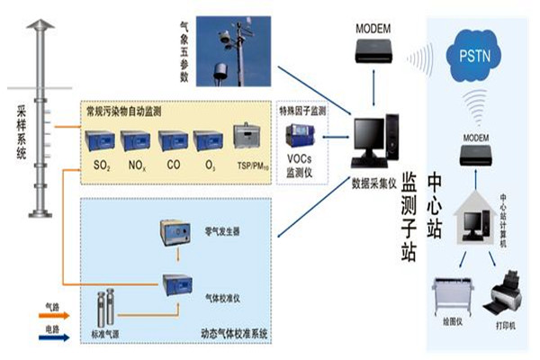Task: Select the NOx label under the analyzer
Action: [x=136, y=166]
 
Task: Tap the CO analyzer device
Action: [x=173, y=139]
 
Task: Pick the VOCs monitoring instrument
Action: [x=299, y=137]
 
